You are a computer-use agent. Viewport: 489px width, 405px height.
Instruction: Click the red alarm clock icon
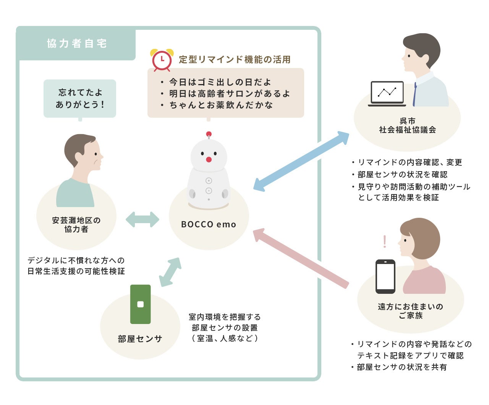tap(162, 60)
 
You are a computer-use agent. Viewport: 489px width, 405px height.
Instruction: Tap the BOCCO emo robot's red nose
tap(209, 159)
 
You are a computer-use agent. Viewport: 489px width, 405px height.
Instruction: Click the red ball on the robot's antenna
tap(209, 134)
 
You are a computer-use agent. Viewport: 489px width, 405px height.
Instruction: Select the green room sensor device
tap(140, 304)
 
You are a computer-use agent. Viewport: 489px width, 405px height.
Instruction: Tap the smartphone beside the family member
tap(385, 276)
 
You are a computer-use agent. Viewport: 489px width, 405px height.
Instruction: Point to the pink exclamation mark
tap(384, 241)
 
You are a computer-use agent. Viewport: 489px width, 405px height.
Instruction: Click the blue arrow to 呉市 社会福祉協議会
tap(301, 161)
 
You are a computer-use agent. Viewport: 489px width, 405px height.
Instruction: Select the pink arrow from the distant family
tap(301, 258)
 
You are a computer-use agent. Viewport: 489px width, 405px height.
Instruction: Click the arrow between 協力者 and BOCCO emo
tap(142, 220)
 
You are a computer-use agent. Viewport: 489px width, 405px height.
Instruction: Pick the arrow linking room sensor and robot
tap(170, 272)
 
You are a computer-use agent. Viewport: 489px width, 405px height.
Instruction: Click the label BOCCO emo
tap(209, 224)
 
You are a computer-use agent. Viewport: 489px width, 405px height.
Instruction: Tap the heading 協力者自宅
tap(77, 44)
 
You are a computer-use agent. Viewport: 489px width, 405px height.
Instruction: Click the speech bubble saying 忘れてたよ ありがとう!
tap(80, 98)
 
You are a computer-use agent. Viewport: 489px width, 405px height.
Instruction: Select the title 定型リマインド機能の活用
tap(235, 59)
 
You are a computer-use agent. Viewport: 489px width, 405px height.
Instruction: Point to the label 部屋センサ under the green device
tap(140, 339)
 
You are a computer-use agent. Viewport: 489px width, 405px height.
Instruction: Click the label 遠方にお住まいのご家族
tap(410, 311)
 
